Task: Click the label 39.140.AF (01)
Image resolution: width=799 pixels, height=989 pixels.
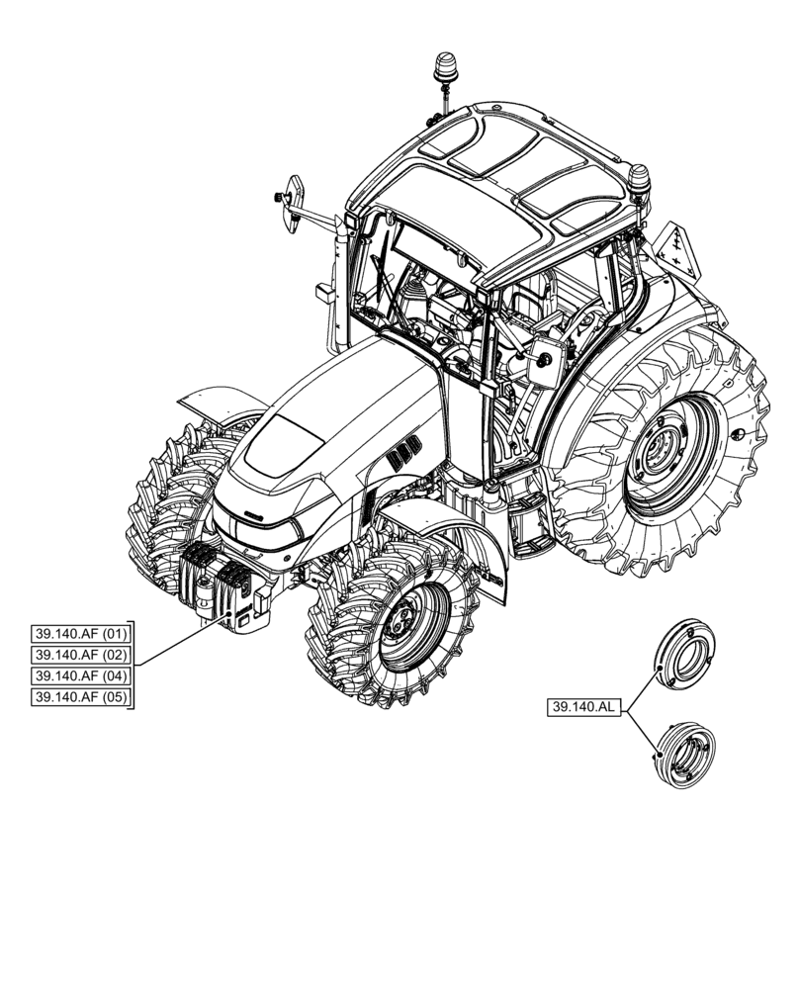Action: click(x=82, y=634)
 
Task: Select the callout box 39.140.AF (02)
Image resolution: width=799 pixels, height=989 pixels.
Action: click(x=82, y=656)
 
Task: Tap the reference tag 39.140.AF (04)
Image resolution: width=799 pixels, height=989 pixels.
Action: click(x=82, y=677)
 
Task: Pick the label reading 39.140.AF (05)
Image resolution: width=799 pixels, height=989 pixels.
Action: click(x=82, y=699)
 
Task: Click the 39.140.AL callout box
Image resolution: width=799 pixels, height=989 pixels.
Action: click(x=583, y=707)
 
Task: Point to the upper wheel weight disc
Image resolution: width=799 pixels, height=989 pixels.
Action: click(x=685, y=654)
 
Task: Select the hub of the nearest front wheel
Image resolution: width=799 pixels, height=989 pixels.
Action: click(x=402, y=621)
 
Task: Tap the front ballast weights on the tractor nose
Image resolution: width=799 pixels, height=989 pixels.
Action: click(x=225, y=588)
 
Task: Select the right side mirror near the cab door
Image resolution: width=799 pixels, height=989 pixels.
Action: click(x=544, y=361)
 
